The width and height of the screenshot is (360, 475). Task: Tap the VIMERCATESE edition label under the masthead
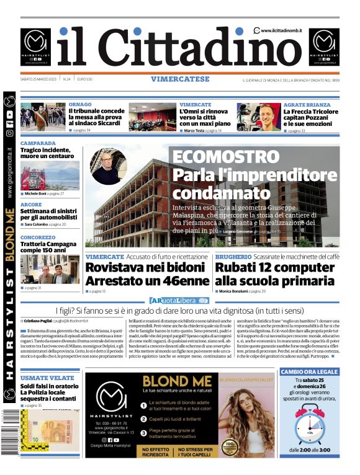tap(180, 79)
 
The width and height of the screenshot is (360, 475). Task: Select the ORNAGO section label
tap(80, 105)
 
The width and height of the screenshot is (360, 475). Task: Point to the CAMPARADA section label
tap(38, 143)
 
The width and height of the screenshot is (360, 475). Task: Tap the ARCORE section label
tap(31, 204)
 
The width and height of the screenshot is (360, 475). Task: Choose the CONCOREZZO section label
tap(37, 238)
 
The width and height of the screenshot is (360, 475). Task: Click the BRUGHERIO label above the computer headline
tap(233, 257)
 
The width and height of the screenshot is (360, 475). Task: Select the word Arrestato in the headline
tap(113, 280)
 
